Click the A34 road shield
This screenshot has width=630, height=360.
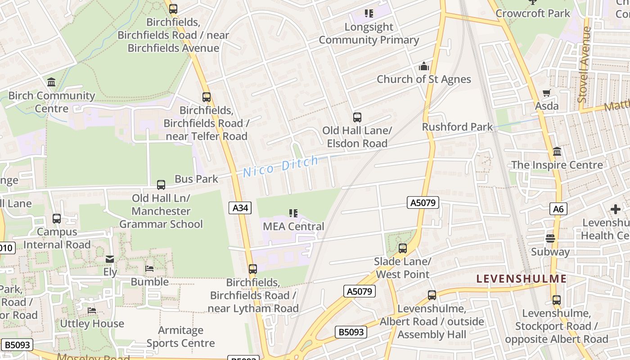240,207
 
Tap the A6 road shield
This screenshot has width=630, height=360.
558,209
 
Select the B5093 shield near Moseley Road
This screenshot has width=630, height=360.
17,345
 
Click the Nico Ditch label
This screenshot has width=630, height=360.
281,165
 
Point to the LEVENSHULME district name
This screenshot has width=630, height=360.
522,279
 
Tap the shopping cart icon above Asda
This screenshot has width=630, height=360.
547,93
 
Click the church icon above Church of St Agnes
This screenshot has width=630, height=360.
424,67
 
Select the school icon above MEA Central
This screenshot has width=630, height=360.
293,213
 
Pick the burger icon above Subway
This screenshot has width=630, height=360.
550,238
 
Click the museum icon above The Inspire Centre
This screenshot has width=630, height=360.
557,152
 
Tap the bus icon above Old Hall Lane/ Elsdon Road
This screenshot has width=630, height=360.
357,117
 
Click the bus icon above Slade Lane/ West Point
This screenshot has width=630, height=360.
403,248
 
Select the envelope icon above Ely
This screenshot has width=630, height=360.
110,259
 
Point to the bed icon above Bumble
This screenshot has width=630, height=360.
150,269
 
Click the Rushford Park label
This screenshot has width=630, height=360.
457,127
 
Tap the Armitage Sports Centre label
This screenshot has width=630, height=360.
180,337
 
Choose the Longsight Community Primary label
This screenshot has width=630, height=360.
369,33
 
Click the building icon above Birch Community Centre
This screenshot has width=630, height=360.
51,82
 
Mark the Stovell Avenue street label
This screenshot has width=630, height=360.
585,64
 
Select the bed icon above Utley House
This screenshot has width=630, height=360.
92,310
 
